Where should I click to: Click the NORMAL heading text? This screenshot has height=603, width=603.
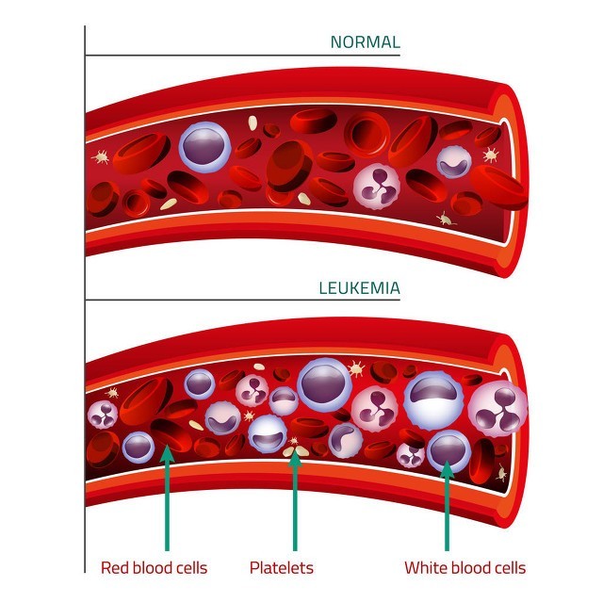[366, 42]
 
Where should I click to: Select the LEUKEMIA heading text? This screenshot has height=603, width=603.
[360, 288]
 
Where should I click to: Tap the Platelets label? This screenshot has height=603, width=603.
[282, 567]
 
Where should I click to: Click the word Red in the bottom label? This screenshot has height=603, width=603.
[115, 567]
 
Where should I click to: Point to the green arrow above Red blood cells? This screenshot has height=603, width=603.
[167, 497]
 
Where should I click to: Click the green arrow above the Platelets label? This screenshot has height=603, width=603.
[295, 500]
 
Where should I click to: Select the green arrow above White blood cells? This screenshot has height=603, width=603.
[447, 506]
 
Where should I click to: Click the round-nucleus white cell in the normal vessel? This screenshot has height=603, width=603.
[204, 147]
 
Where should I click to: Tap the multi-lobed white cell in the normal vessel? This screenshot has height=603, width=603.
[377, 187]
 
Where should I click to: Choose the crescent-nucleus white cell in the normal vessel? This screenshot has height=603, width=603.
[454, 162]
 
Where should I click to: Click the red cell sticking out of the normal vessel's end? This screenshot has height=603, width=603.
[498, 187]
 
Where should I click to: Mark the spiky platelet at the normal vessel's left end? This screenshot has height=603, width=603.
[101, 156]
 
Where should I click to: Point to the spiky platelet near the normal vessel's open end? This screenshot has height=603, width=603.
[491, 155]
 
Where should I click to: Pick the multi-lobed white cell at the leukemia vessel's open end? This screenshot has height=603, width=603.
[498, 409]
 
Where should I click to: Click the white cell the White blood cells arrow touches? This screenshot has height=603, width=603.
[448, 451]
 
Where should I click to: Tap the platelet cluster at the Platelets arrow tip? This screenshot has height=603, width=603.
[295, 448]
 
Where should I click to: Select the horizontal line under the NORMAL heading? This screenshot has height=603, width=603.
[243, 55]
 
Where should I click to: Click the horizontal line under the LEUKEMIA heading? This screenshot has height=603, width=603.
[243, 300]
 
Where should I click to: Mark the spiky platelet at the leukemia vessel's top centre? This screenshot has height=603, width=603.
[356, 369]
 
